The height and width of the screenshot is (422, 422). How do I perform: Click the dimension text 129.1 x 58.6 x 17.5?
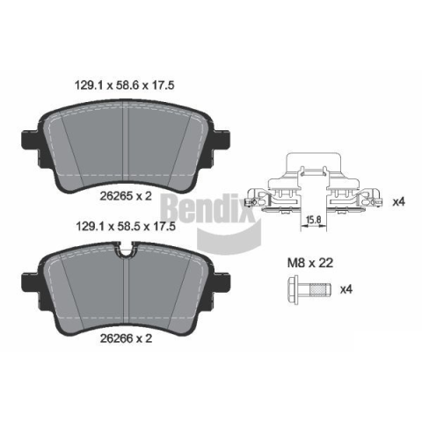coord(125,85)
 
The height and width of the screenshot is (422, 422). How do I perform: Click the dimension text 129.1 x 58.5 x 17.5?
coord(126,226)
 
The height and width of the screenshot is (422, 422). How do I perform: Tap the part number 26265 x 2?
coord(126,196)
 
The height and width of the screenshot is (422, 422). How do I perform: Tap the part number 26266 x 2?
coord(126,338)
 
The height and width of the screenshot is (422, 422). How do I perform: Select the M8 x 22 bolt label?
coord(310,263)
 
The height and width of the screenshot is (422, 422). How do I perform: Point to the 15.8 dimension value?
coord(313,219)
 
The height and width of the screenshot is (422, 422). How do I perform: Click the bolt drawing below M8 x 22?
coord(309,289)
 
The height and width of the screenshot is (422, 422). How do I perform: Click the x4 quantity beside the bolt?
coord(346,289)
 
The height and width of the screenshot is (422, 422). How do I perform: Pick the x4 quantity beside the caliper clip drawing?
coord(398,201)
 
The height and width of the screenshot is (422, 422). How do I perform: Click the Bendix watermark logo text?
coord(205,209)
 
